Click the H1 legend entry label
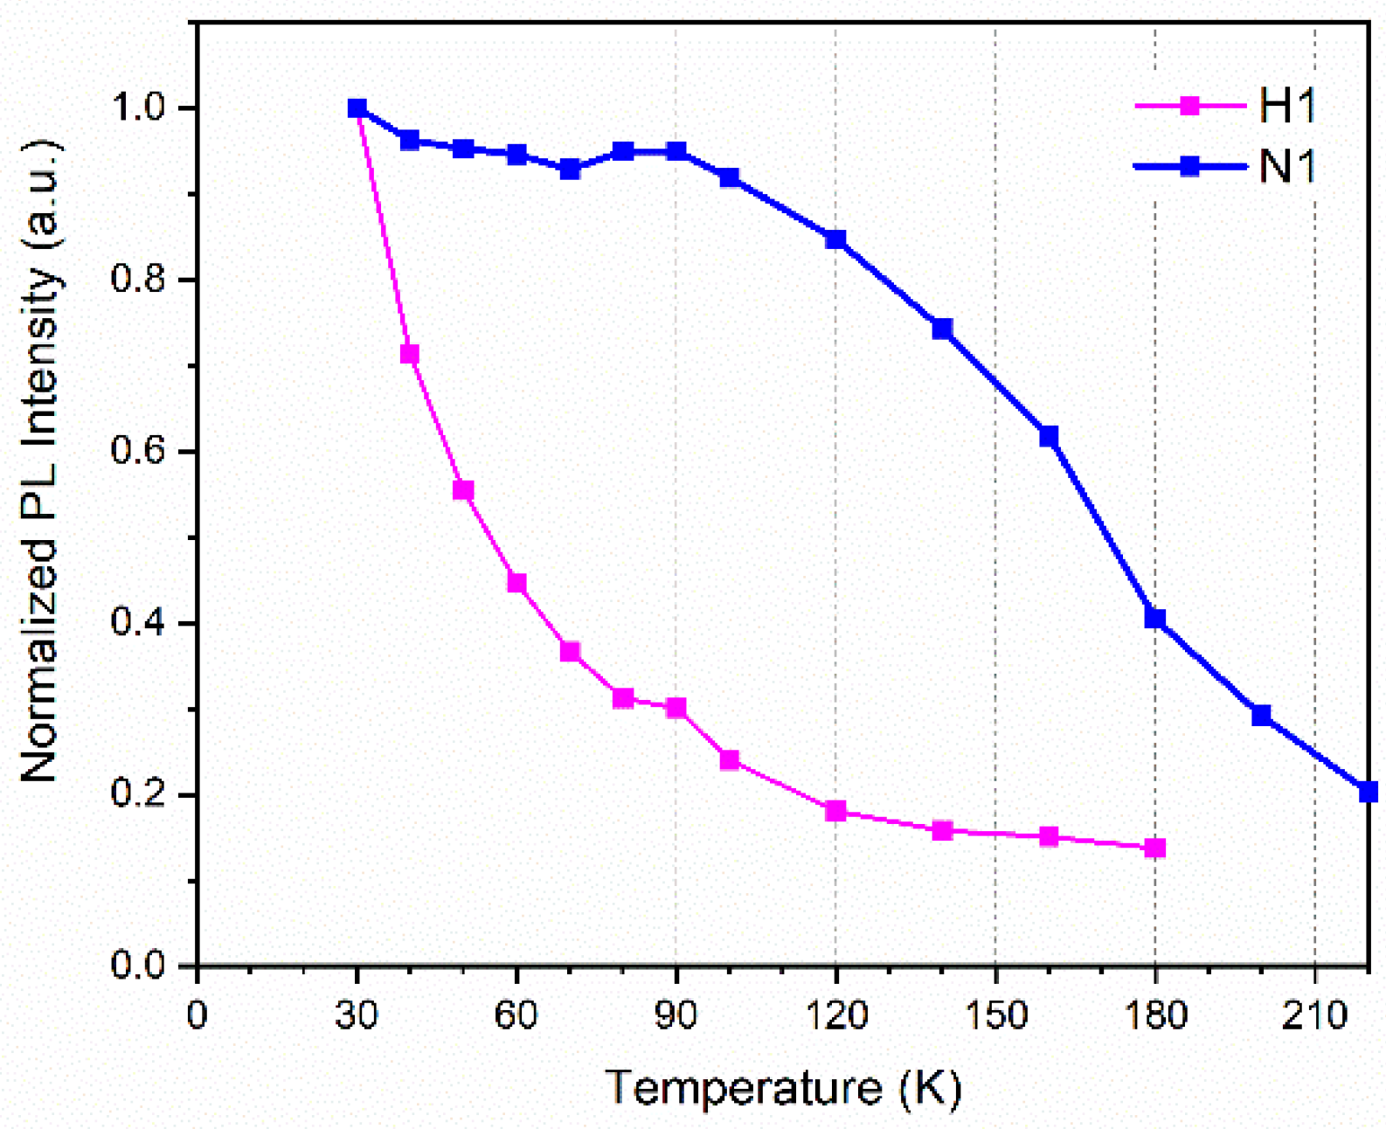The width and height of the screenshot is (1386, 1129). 1287,107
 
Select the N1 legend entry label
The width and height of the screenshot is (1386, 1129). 1287,166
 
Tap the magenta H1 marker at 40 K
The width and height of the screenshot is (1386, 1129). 410,354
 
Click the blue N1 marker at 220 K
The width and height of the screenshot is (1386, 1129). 1369,792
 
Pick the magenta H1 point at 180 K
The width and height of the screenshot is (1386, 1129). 1155,848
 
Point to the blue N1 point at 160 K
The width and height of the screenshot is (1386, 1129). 1049,436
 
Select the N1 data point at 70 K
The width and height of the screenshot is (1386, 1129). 570,169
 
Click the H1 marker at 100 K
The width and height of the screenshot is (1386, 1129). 730,759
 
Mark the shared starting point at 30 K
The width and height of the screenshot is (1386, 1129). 357,108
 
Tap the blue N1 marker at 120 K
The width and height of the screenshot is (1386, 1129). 835,239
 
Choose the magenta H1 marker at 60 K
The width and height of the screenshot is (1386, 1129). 516,583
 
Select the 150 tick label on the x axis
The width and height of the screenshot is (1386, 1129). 995,1015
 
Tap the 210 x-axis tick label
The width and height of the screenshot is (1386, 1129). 1314,1015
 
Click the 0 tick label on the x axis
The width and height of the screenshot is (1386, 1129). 198,1015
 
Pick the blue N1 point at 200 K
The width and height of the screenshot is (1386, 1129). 1261,716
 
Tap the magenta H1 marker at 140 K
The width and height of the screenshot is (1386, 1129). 942,830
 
